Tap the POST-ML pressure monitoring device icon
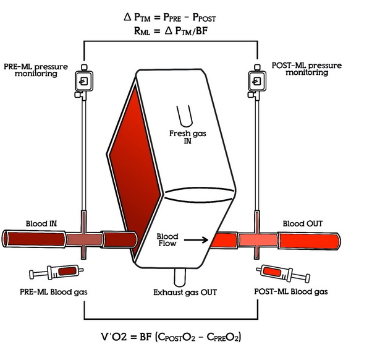(x=256, y=80)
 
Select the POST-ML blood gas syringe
(x=283, y=272)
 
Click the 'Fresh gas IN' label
(x=184, y=137)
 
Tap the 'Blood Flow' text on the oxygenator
(x=167, y=240)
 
